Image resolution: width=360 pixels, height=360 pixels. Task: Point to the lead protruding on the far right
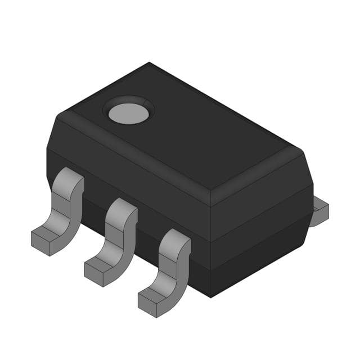[319, 211]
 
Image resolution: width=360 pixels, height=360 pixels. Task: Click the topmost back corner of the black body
[149, 63]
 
